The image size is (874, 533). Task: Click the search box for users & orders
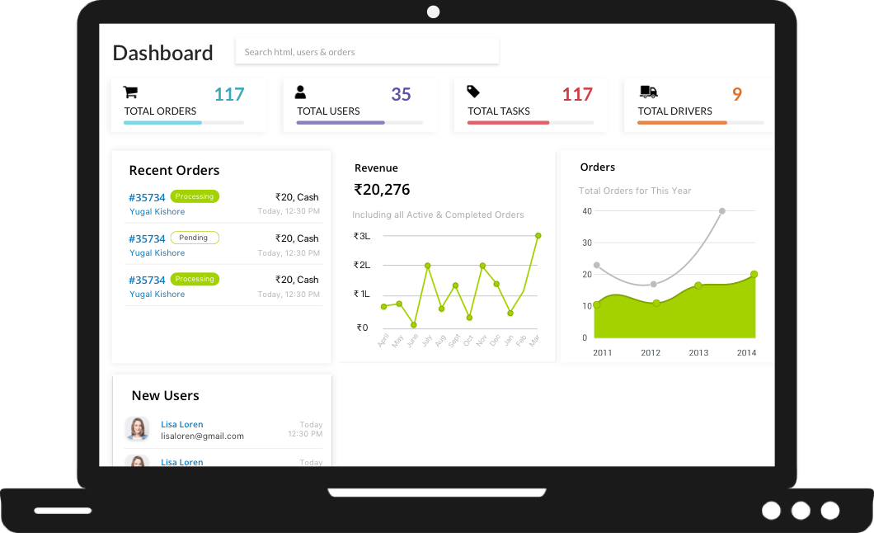click(366, 51)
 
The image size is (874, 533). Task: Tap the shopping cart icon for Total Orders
click(130, 92)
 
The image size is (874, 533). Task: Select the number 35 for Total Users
click(401, 94)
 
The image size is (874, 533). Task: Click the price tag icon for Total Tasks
click(473, 92)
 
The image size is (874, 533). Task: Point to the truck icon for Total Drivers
click(649, 92)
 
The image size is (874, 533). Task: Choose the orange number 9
click(737, 94)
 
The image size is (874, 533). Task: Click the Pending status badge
click(195, 238)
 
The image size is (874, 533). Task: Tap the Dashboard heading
click(162, 53)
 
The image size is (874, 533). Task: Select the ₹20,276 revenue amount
click(382, 190)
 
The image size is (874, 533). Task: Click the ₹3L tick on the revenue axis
click(362, 236)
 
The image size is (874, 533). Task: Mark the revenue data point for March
click(538, 235)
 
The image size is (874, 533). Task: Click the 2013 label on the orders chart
click(698, 352)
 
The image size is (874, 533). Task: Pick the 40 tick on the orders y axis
click(587, 211)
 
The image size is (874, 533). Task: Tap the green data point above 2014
click(754, 274)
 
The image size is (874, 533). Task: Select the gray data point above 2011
click(596, 265)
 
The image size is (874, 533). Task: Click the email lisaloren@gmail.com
click(202, 436)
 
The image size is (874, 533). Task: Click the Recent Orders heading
click(174, 171)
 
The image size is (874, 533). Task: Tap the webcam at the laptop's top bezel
click(433, 12)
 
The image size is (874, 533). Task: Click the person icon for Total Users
click(300, 92)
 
